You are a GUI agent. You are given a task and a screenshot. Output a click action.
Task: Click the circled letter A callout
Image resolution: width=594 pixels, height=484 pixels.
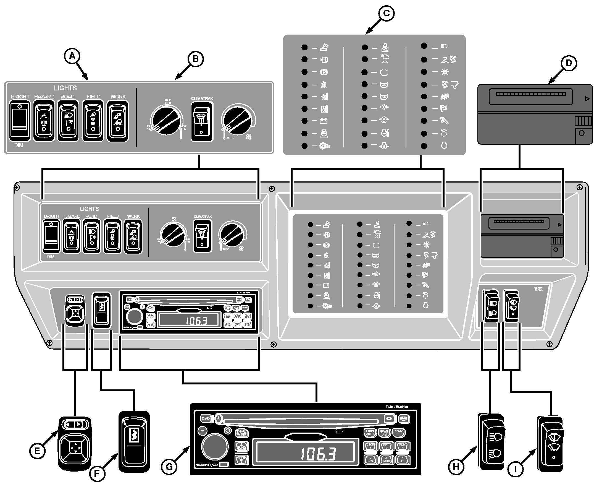[x=72, y=57]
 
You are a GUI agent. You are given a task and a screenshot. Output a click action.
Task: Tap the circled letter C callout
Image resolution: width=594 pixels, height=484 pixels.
[x=386, y=13]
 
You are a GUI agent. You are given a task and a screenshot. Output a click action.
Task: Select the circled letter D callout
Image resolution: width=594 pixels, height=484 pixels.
[x=569, y=63]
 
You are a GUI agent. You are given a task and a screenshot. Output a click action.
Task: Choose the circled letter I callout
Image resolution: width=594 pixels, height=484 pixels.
[x=515, y=470]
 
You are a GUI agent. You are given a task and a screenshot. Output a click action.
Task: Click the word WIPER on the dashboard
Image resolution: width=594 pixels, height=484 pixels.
[x=538, y=289]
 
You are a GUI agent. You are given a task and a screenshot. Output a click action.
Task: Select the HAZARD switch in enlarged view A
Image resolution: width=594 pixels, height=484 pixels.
[x=44, y=121]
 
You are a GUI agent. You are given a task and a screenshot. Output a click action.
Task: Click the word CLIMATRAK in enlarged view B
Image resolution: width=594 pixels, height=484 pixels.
[x=202, y=99]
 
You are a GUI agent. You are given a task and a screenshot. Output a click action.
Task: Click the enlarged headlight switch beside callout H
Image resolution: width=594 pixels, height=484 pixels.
[x=492, y=442]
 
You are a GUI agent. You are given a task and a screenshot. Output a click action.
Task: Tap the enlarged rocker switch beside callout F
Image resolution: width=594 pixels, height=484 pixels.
[x=134, y=442]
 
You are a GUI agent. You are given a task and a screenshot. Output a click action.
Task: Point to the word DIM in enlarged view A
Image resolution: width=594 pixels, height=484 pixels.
[x=19, y=145]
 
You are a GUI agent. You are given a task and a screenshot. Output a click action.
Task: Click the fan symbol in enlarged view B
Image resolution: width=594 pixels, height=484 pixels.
[x=249, y=137]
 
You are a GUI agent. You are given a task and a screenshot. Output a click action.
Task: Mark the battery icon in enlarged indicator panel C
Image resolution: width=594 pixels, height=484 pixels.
[x=324, y=121]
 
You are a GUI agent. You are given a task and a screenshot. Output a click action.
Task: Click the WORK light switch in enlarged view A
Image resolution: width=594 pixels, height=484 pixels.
[x=118, y=121]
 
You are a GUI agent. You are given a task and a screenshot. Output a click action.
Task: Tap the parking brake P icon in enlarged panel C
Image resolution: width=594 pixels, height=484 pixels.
[x=324, y=72]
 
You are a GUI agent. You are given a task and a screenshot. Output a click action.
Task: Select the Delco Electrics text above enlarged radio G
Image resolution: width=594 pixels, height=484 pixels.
[x=397, y=407]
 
